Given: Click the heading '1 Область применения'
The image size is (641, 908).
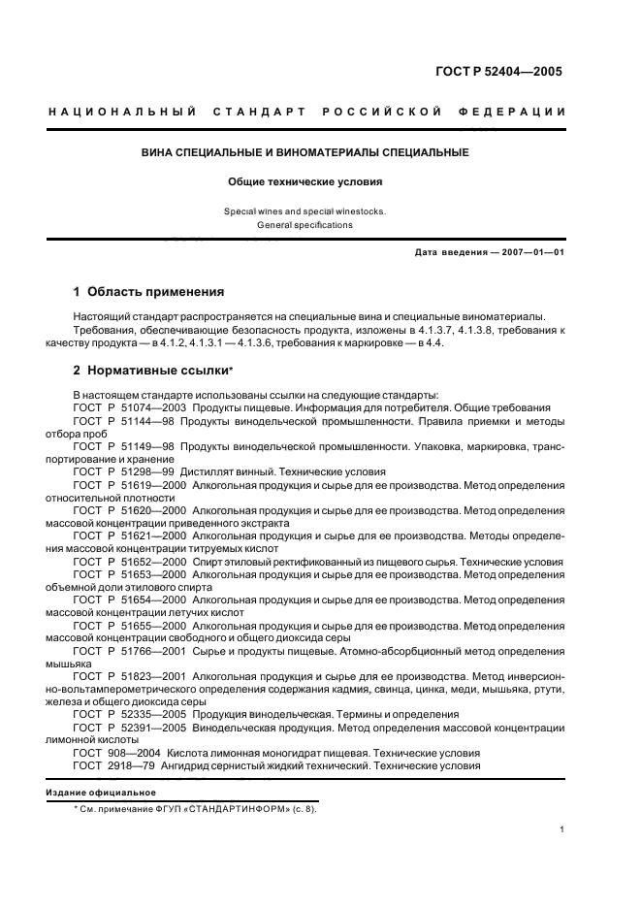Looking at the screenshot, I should coord(149,291).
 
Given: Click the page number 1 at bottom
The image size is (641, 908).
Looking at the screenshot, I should coord(562,829).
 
